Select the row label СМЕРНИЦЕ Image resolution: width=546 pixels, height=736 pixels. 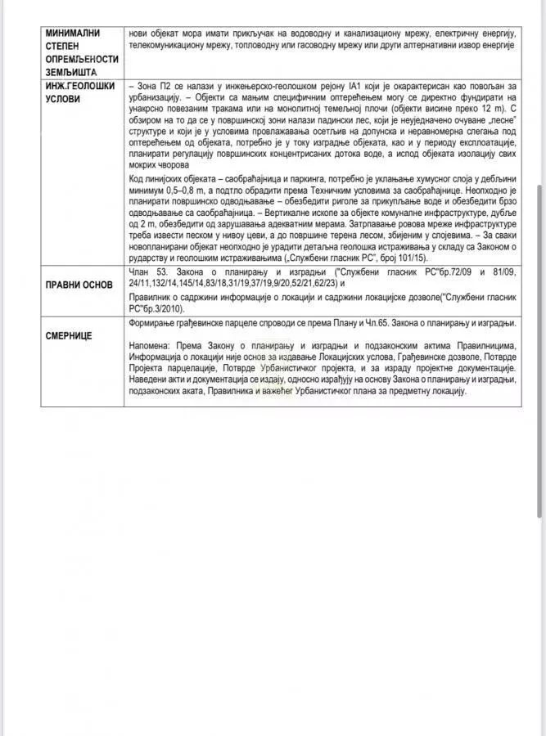tap(69, 335)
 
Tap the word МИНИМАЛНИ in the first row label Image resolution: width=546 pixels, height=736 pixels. tap(73, 33)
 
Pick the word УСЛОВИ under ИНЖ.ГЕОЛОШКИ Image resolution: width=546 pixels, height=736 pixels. tap(63, 97)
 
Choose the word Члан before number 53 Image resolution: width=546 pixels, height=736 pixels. tap(140, 271)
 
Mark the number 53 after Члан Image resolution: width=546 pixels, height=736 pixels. tap(160, 271)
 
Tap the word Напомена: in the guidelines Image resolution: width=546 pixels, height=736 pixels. tap(151, 348)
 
